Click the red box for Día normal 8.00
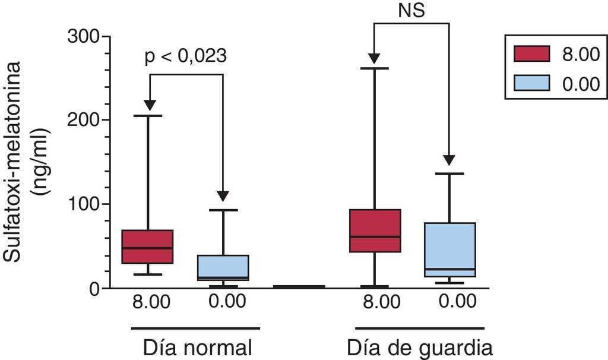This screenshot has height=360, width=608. [x=147, y=247]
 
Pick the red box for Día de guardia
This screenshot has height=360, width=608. [x=374, y=230]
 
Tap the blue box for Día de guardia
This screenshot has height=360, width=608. [x=449, y=250]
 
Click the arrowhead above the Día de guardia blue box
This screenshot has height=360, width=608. [x=449, y=160]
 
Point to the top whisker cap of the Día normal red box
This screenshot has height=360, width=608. [x=147, y=115]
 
